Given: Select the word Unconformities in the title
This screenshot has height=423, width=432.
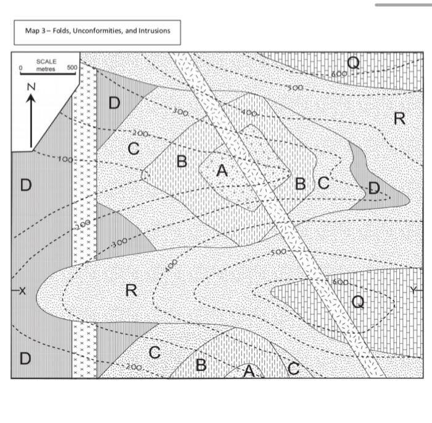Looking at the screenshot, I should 98,30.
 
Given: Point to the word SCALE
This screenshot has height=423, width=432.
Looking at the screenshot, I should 46,62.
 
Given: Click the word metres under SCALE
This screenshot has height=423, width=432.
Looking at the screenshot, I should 46,69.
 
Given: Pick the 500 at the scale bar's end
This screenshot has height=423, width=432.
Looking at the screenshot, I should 72,66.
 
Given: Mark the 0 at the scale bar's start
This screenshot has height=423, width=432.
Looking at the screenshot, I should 20,66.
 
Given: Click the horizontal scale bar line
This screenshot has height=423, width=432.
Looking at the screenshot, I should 48,74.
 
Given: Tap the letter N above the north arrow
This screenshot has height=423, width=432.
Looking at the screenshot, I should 30,87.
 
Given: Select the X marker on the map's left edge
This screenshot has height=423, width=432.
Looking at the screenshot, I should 22,291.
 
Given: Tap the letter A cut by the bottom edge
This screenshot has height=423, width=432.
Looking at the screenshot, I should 248,370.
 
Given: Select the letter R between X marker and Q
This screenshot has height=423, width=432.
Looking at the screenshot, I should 131,290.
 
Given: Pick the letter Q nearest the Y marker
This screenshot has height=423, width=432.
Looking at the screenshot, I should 357,302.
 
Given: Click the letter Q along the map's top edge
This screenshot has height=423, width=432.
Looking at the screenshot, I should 353,62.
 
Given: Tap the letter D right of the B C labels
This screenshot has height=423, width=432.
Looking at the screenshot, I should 374,188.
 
